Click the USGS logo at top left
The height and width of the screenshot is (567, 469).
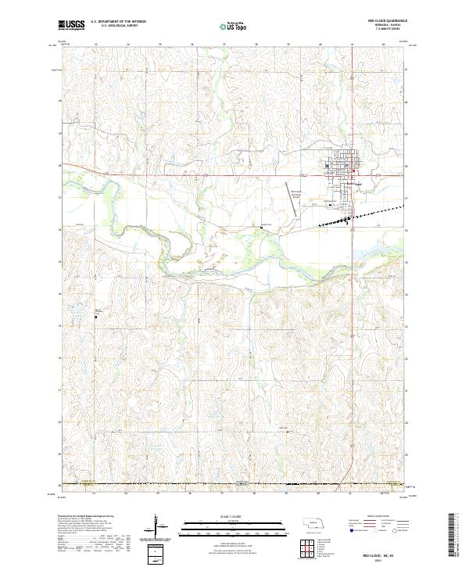point(71,26)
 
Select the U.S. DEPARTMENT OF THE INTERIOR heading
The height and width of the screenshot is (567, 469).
point(118,22)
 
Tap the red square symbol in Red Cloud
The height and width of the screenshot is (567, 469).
point(353,173)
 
